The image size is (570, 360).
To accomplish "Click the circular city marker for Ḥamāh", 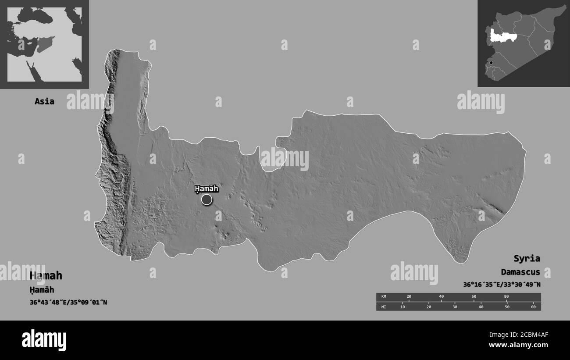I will point(207,200).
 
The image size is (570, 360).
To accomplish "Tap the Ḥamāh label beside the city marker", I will point(207,189).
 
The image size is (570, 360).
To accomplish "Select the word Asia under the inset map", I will point(45,101).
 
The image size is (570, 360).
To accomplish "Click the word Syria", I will point(527,258).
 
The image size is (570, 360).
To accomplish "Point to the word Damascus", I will point(520,272).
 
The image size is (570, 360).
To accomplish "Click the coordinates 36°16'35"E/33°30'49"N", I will point(502,285).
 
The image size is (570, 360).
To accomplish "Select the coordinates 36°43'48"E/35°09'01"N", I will point(68,302).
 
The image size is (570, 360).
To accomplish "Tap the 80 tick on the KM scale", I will point(506,297).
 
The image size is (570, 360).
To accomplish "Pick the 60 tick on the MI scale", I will point(533,307).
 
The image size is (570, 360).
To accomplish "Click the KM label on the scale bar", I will point(384,297).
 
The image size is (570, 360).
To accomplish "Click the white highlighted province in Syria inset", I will point(502,35).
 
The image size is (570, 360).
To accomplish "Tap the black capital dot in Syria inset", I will point(491,63).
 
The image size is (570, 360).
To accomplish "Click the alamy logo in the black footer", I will point(44,340).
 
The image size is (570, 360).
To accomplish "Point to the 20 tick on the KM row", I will point(409,297).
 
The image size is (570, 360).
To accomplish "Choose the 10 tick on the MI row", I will point(403,307).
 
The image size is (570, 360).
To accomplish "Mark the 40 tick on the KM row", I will point(442,297).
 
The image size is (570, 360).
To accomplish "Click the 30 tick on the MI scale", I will point(455,307).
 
